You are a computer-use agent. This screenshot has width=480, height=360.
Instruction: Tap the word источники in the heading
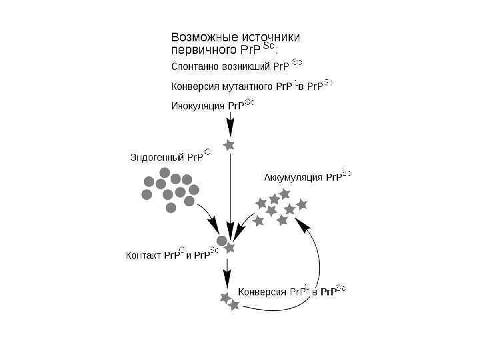269,37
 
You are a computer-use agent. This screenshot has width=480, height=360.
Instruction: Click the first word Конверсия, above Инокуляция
194,87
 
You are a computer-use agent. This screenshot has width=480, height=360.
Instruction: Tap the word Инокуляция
199,105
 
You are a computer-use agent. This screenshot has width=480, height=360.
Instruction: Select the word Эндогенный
157,158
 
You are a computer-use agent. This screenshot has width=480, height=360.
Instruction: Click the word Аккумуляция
293,177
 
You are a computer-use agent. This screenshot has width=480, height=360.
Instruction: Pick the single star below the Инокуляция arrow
229,145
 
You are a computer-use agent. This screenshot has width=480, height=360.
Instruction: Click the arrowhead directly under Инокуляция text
229,128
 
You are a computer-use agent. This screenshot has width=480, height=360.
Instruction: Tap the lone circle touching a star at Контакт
222,241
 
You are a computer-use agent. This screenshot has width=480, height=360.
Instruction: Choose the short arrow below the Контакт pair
228,269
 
